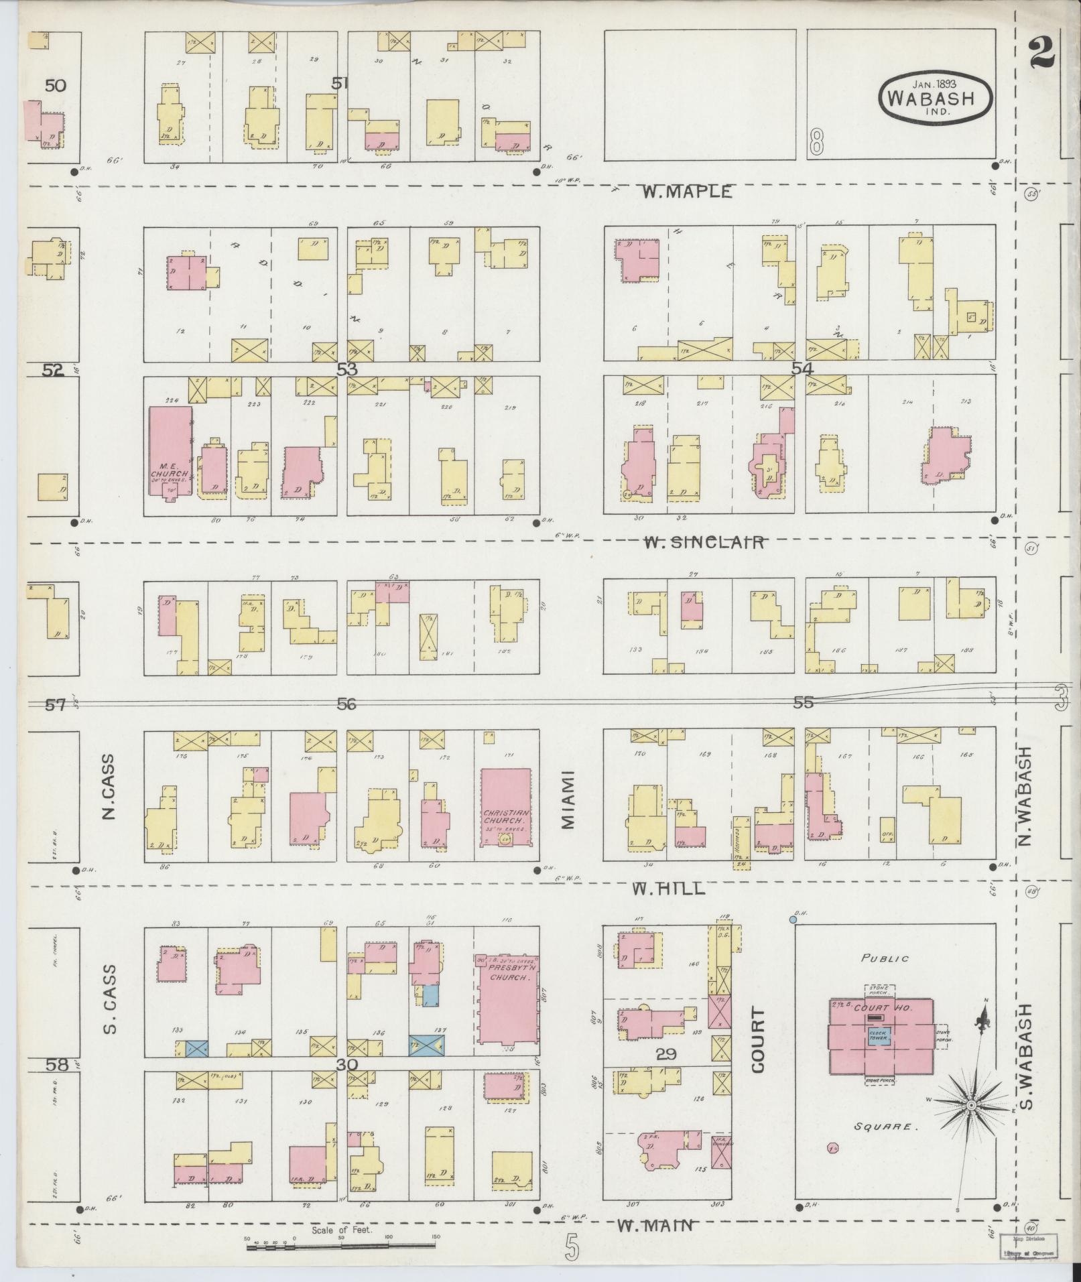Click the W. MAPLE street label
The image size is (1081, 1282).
click(x=687, y=192)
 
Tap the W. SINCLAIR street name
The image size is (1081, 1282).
click(x=703, y=542)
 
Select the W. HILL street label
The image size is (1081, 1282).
click(x=669, y=889)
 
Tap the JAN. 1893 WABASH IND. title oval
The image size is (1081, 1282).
click(x=936, y=99)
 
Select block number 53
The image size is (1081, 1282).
click(x=347, y=369)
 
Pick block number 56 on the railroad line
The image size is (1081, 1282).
click(x=346, y=704)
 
